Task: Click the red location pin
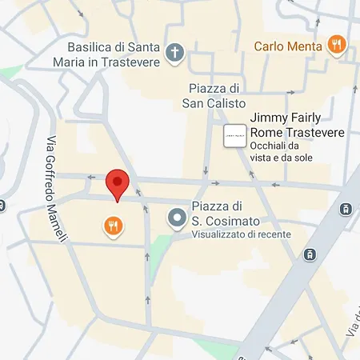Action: point(118,184)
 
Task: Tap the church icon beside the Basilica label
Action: point(175,54)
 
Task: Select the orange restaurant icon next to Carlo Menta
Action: point(338,46)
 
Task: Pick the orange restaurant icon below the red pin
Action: point(113,226)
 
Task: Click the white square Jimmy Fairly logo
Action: point(234,137)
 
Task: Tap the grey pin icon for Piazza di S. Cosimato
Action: point(175,217)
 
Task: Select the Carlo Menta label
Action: point(288,46)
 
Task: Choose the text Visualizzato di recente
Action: point(240,234)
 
